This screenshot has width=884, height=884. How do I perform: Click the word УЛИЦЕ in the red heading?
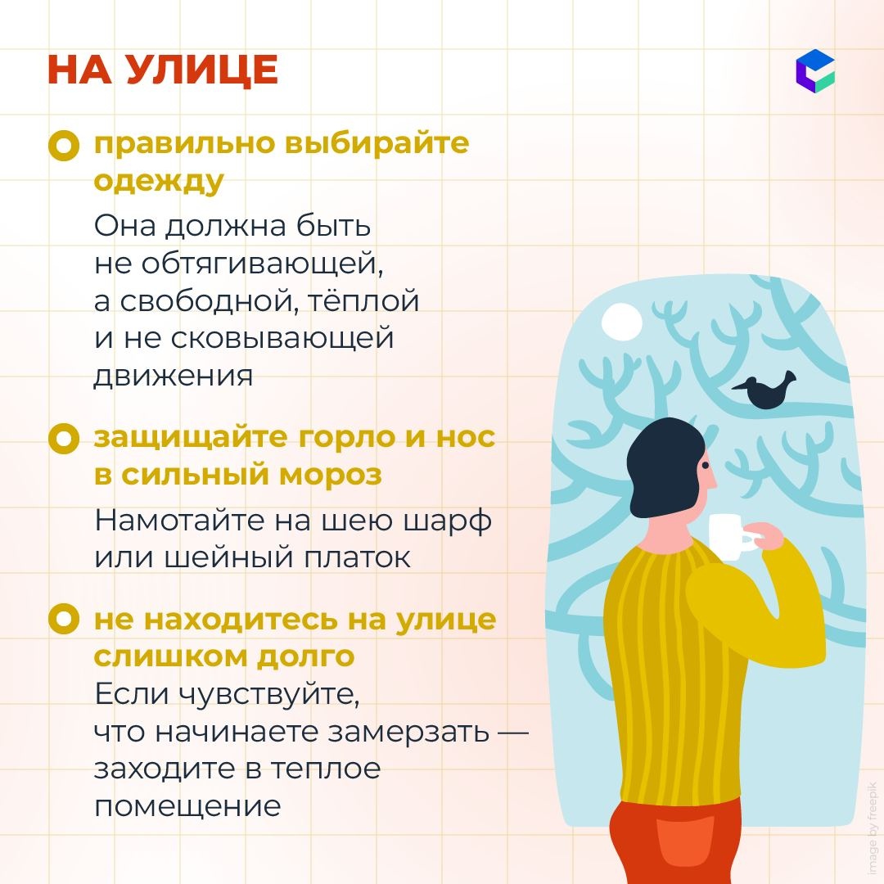pos(201,70)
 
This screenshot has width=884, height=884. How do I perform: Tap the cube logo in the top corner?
pos(815,71)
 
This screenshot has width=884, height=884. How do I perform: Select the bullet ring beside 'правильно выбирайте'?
pos(64,146)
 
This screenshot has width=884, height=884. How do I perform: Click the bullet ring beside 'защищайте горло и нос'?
pos(64,440)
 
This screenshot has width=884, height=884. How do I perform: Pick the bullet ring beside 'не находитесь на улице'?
pos(64,619)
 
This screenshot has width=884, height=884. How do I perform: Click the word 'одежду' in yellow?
pos(159,183)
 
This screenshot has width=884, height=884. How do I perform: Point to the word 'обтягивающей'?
pos(262,264)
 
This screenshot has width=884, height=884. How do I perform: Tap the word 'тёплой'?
pos(363,300)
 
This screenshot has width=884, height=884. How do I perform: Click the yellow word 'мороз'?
pos(331,475)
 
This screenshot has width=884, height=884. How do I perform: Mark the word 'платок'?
pos(358,558)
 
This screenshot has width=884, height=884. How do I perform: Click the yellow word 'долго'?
pos(305,657)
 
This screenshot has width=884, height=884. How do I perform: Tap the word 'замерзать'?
pos(408,733)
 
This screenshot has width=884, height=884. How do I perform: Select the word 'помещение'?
pos(187,807)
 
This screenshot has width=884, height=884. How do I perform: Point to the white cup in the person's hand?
pos(731,537)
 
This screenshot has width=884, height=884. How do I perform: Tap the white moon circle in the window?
pos(622,322)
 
